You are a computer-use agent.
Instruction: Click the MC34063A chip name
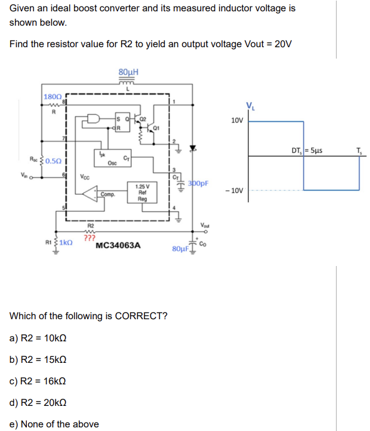tap(118, 245)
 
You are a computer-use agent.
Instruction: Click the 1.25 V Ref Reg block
tap(142, 194)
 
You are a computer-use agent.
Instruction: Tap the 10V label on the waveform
tap(236, 120)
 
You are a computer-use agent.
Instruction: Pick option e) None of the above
tap(54, 424)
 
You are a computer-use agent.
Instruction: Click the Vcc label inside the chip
tap(85, 177)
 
